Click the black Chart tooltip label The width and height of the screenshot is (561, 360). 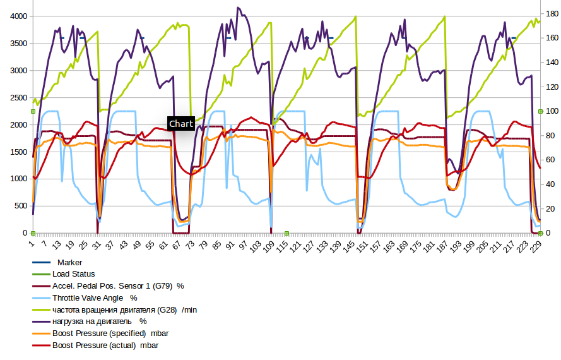[180, 124]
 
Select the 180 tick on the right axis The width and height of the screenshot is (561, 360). [550, 13]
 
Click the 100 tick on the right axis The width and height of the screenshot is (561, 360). [550, 111]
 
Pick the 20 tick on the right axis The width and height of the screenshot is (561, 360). [548, 208]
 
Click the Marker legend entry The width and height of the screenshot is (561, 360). [69, 262]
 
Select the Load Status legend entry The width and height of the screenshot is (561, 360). [73, 274]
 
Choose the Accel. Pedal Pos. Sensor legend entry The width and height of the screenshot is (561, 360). [117, 286]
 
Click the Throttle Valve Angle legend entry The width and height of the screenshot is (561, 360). [95, 297]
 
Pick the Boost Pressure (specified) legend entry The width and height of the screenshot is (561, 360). [110, 333]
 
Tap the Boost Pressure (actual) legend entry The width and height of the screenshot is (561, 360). [105, 345]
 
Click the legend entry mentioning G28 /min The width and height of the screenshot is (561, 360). [125, 309]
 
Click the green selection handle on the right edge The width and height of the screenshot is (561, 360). [540, 112]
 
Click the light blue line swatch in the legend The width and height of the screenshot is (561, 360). [41, 297]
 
